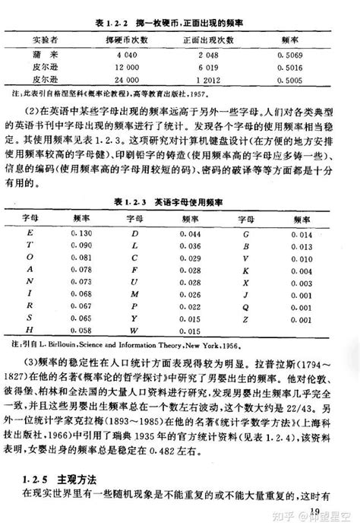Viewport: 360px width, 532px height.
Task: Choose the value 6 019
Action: point(208,66)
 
